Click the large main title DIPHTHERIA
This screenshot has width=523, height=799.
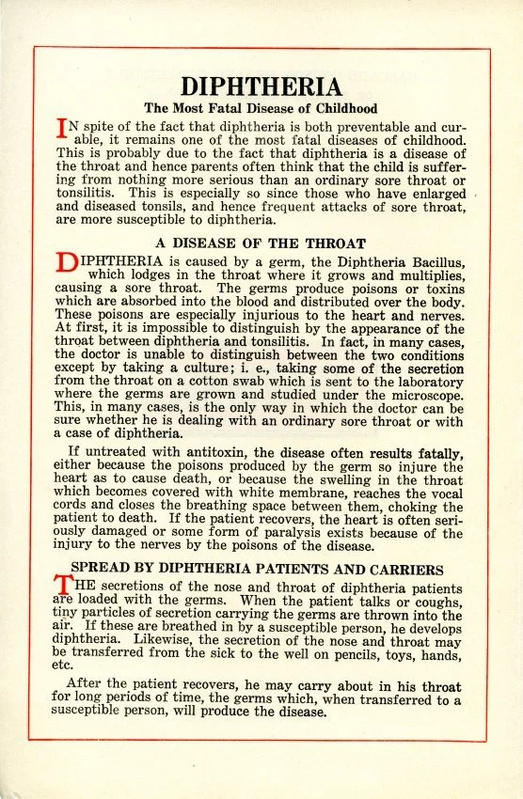pyautogui.click(x=261, y=87)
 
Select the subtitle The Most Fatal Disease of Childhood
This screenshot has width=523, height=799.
pyautogui.click(x=261, y=109)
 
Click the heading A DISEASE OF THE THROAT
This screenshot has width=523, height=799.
pyautogui.click(x=261, y=243)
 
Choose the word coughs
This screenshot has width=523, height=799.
pyautogui.click(x=437, y=600)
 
